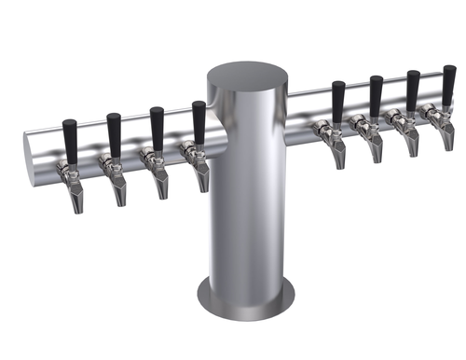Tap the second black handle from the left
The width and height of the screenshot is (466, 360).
point(114,134)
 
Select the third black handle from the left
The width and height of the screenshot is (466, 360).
point(157,128)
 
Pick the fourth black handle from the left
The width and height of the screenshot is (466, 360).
point(199,121)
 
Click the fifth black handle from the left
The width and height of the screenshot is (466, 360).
point(337,101)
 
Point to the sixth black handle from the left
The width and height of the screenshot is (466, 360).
point(376,95)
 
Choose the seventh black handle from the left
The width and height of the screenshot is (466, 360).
point(412,90)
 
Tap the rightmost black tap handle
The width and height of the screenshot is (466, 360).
point(447,84)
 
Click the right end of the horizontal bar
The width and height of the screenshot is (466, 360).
point(460,103)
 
